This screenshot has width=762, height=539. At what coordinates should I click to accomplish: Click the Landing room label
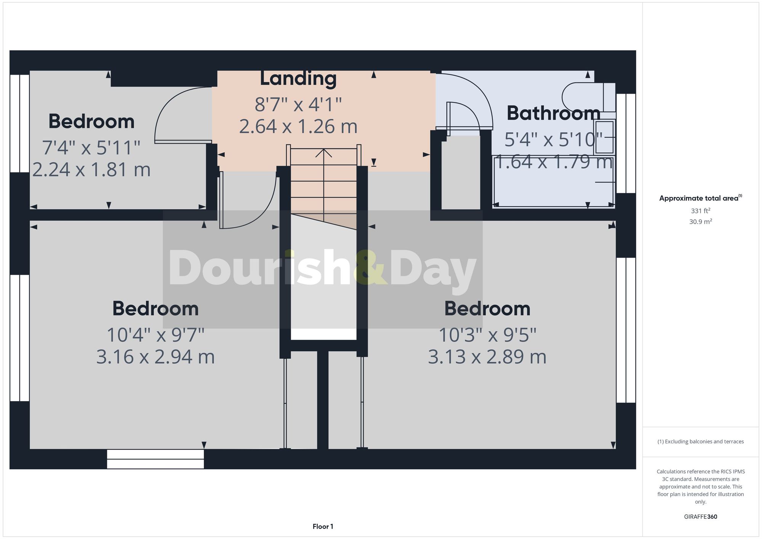pos(298,79)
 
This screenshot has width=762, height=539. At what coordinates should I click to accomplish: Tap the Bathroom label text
pos(553,114)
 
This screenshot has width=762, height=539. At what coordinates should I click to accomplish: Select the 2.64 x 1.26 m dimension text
pos(298,126)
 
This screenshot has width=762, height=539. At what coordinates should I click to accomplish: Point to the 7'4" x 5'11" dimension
pos(91,148)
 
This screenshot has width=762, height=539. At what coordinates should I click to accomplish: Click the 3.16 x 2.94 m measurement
pos(155,357)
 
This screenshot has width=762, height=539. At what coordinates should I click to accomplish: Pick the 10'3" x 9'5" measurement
pos(487,335)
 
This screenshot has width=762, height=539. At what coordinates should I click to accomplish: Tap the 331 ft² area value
pos(700,211)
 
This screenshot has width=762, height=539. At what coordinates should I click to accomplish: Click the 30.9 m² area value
pos(700,222)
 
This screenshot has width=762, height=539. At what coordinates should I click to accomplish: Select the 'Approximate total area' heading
pos(700,198)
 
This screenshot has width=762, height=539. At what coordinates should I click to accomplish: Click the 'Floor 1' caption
pos(323,526)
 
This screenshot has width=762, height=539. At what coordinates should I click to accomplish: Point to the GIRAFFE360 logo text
pos(700,517)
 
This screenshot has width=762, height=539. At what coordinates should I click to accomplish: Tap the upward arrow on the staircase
pos(323,153)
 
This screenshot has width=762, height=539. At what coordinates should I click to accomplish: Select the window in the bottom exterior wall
pos(155,459)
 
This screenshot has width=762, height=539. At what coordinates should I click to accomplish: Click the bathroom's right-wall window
pos(626,143)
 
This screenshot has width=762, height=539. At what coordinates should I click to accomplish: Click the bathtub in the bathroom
pos(554,181)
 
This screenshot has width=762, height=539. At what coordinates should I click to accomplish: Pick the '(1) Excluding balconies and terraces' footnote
pos(700,441)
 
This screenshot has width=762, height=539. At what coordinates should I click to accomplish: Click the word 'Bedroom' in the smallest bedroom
pos(91,122)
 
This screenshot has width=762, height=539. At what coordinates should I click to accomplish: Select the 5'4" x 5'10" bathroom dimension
pos(553,140)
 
